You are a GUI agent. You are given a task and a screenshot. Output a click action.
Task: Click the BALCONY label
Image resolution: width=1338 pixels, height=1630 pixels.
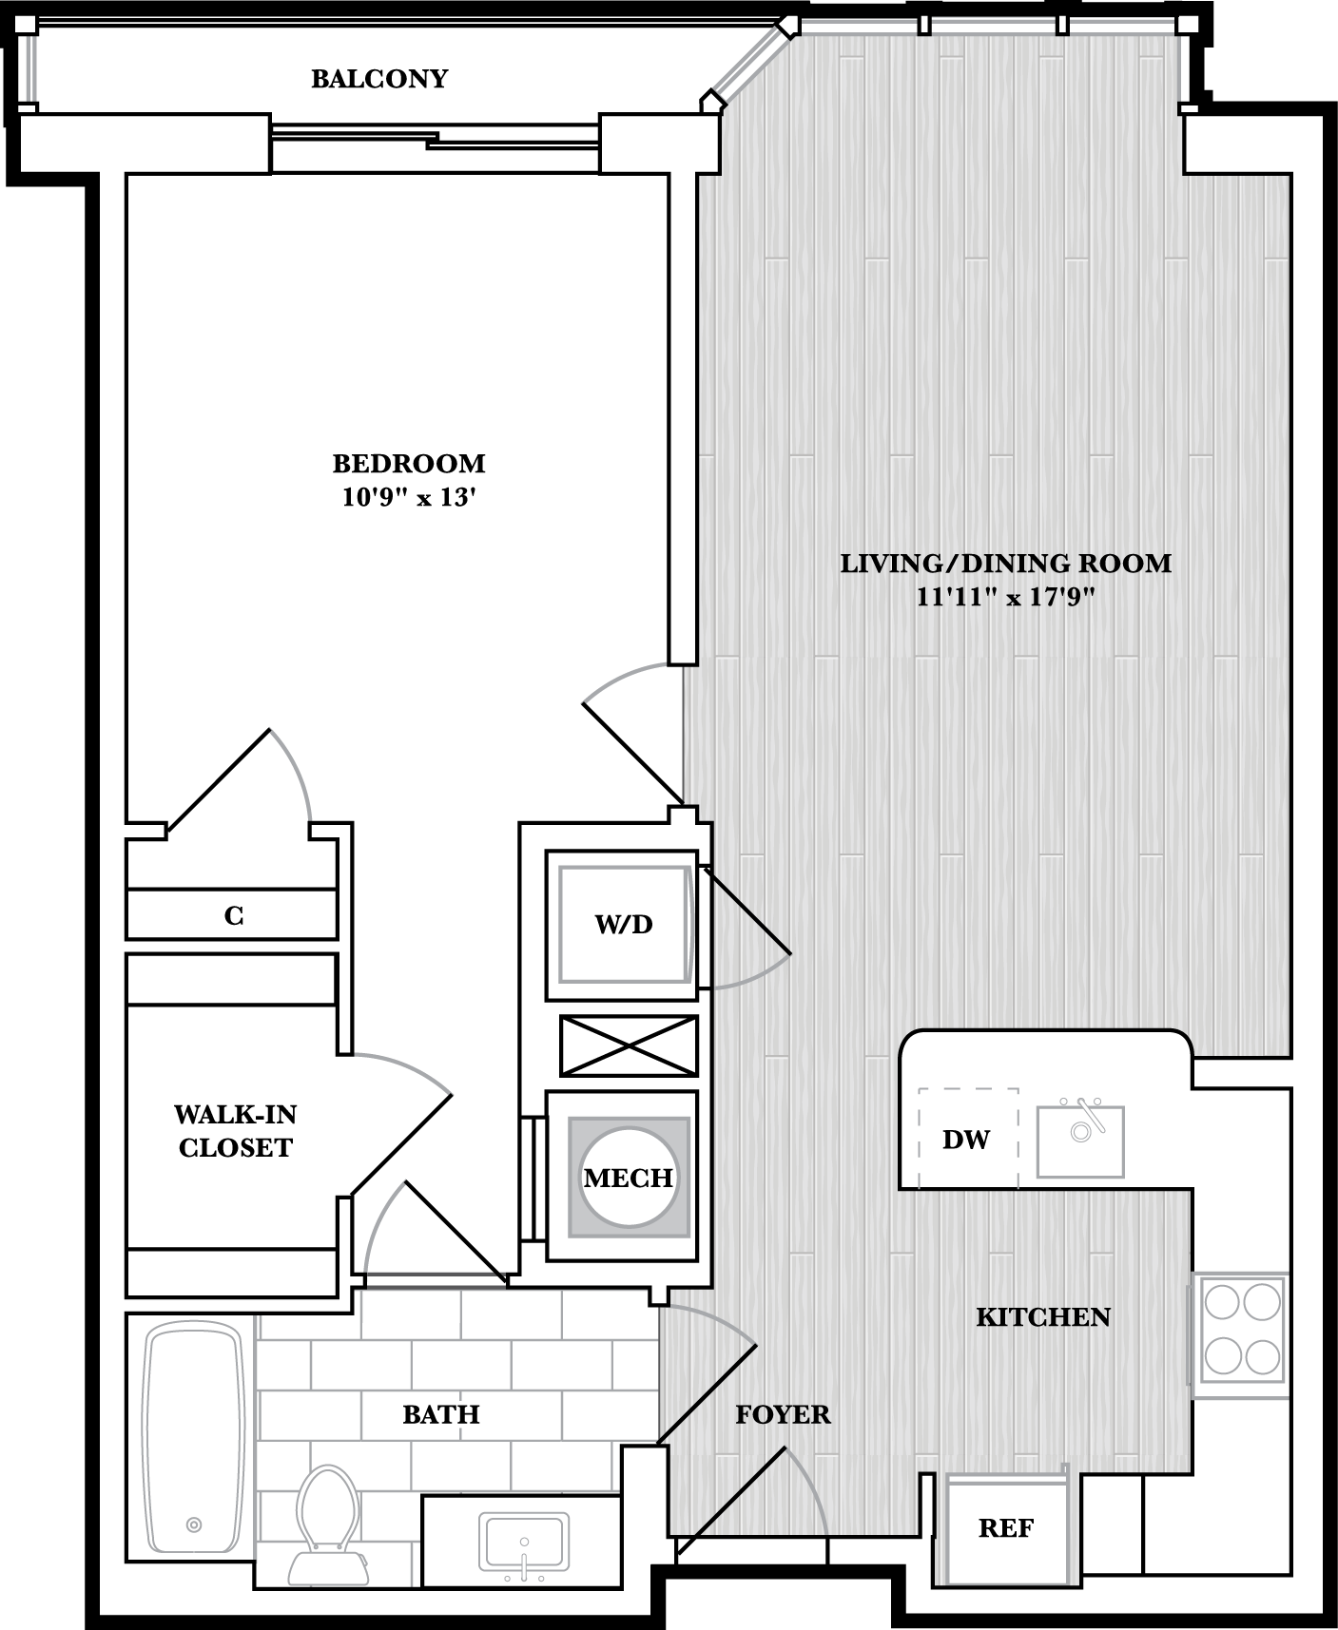[x=379, y=79]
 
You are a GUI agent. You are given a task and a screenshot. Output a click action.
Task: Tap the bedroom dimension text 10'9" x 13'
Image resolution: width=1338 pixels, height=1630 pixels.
[x=409, y=497]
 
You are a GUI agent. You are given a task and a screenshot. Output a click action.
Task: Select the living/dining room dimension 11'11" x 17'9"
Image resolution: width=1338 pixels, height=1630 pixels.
[x=1005, y=598]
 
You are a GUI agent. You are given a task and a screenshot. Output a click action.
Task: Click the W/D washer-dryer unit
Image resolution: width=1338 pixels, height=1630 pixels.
[x=623, y=924]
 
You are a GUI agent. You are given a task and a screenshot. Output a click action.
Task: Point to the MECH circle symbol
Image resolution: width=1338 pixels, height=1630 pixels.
[x=629, y=1178]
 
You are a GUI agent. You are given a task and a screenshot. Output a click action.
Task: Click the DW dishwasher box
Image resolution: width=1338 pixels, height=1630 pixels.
[x=967, y=1139]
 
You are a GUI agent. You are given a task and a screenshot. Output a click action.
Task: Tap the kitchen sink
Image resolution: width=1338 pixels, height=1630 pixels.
[x=1080, y=1141]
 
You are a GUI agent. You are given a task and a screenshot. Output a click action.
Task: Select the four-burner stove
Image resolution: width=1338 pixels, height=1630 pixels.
[x=1241, y=1335]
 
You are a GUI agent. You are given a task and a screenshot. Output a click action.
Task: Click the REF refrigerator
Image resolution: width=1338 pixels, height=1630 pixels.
[x=1006, y=1528]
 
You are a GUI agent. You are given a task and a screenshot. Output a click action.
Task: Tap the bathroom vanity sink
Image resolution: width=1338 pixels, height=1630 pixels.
[x=524, y=1543]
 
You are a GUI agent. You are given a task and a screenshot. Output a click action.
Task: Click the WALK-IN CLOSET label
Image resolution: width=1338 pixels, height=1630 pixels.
[x=235, y=1131]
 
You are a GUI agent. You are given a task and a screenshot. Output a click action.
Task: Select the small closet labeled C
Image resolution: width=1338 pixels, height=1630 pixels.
[x=233, y=915]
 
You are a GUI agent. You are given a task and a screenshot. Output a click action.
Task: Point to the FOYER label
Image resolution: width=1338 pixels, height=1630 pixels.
[x=783, y=1414]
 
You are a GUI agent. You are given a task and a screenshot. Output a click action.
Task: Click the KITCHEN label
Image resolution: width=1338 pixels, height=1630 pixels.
[x=1043, y=1317]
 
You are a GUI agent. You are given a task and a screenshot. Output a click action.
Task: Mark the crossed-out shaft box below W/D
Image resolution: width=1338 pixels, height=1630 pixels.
[x=629, y=1045]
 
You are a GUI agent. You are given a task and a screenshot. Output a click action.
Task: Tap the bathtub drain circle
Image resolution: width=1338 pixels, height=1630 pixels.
[x=194, y=1525]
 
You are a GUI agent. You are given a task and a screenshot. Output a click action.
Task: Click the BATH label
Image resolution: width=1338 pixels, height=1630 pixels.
[x=441, y=1414]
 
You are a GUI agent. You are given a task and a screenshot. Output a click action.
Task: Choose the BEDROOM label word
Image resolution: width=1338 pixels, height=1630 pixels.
[x=409, y=464]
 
